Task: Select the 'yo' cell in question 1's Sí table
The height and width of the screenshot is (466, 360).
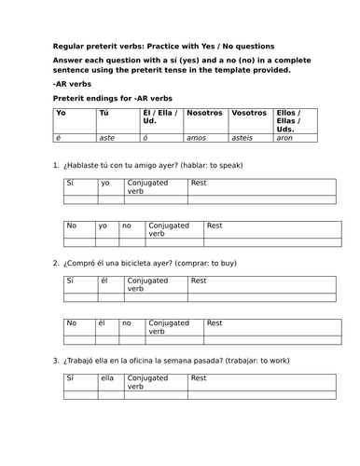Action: pyautogui.click(x=104, y=184)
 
